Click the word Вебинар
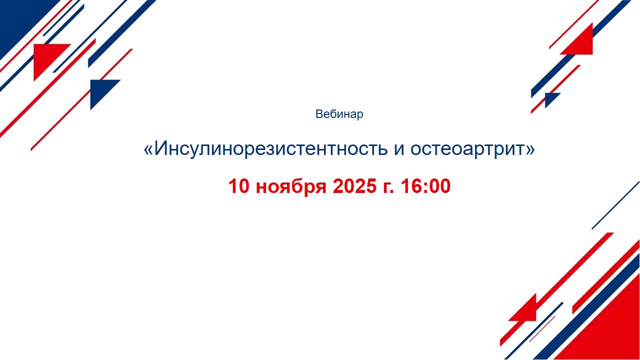coord(339,114)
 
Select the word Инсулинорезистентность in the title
coord(271,148)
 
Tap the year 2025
coord(354,186)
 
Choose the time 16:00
coord(425,186)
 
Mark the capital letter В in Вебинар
coord(319,114)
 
